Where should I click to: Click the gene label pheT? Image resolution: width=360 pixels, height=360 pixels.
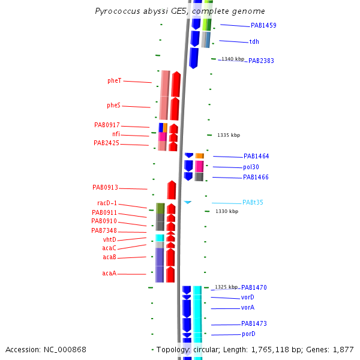click(x=114, y=80)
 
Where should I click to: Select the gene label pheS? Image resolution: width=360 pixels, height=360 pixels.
click(x=113, y=105)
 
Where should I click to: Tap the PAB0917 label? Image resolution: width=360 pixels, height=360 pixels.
click(x=106, y=125)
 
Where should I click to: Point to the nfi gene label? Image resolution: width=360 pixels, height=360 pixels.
click(x=116, y=134)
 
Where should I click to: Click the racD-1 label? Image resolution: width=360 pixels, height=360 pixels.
click(x=107, y=203)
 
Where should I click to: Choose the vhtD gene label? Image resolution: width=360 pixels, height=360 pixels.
click(x=109, y=239)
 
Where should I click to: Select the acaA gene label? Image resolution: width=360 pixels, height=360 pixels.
click(x=109, y=273)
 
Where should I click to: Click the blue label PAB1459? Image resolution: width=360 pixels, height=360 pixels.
click(x=263, y=26)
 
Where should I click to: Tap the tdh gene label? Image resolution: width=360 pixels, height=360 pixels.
click(x=254, y=42)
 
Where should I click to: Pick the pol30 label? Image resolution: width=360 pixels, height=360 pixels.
click(x=251, y=167)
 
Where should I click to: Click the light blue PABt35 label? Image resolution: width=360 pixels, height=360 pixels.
click(x=253, y=203)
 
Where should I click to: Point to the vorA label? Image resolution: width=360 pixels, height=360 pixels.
click(x=248, y=307)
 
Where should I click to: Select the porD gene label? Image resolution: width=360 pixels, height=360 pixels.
click(x=248, y=334)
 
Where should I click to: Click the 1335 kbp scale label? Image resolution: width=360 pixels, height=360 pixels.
click(x=229, y=136)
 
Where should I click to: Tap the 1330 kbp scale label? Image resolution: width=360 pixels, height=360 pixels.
click(x=227, y=211)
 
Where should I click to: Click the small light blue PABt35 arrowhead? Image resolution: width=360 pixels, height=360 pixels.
click(x=188, y=202)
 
